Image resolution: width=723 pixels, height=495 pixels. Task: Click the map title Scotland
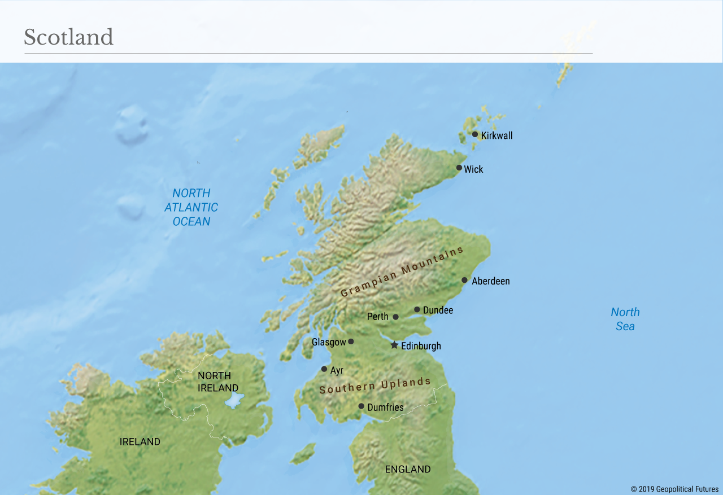coord(68,37)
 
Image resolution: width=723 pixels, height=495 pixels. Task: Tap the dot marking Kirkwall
coord(475,134)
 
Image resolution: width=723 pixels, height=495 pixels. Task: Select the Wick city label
coord(473,169)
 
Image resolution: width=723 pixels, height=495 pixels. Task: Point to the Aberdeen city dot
coord(464,280)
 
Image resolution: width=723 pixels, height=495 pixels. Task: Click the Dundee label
coord(438,310)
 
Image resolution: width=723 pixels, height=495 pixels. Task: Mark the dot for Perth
coord(395,317)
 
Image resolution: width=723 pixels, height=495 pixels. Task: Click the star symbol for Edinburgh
coord(394,345)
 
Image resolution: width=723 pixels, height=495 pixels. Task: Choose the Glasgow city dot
coord(351,341)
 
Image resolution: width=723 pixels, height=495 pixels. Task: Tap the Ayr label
coord(337,370)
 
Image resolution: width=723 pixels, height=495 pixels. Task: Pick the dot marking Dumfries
coord(361,406)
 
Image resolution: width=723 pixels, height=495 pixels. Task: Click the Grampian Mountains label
coord(402,271)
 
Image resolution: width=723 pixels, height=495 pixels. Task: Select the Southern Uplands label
coord(375,386)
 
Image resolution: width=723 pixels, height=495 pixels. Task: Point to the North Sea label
coord(625,319)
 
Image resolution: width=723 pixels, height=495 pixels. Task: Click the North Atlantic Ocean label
coord(191,207)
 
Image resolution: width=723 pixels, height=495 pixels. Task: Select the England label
coord(407,469)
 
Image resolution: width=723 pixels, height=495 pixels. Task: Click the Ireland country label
coord(140,442)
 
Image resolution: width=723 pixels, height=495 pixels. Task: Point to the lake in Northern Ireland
coord(234,401)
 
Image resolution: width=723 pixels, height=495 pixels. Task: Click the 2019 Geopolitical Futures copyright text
coord(674,489)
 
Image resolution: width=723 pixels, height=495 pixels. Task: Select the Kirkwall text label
coord(496,136)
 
